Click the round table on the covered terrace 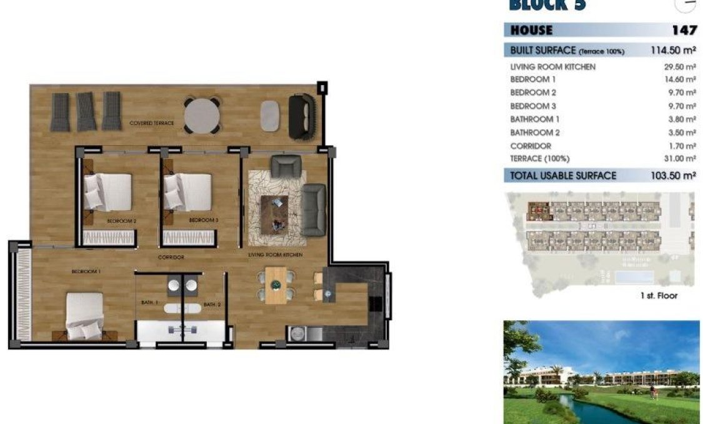pyautogui.click(x=202, y=115)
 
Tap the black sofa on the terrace pyautogui.click(x=301, y=116)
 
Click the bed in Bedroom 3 pyautogui.click(x=189, y=191)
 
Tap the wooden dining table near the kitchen pyautogui.click(x=276, y=285)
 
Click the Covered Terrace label pyautogui.click(x=151, y=123)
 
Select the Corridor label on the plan pyautogui.click(x=171, y=257)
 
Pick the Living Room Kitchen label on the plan pyautogui.click(x=275, y=255)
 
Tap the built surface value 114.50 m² pyautogui.click(x=673, y=51)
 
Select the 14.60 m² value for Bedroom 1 pyautogui.click(x=680, y=79)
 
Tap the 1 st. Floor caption pyautogui.click(x=659, y=296)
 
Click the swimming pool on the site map pyautogui.click(x=634, y=277)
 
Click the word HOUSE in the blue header pyautogui.click(x=531, y=30)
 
